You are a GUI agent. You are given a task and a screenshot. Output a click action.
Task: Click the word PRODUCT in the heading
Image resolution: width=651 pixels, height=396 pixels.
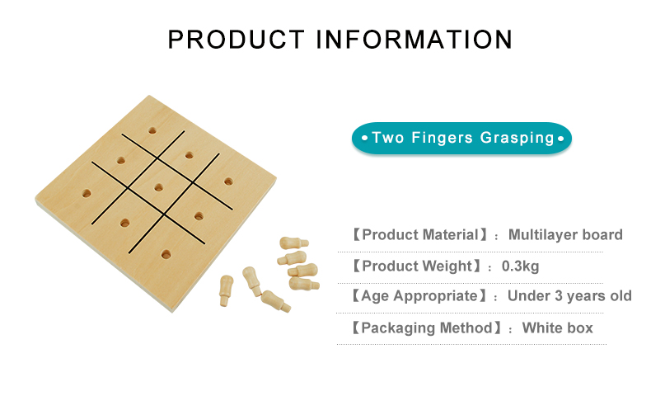tap(237, 40)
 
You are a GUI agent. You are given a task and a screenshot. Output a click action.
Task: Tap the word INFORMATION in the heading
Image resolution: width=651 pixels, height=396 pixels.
tap(414, 40)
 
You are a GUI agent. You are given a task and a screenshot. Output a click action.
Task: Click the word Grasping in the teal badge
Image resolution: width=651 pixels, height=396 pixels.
tap(517, 138)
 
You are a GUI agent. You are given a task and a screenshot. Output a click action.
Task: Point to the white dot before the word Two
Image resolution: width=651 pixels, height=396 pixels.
tap(364, 138)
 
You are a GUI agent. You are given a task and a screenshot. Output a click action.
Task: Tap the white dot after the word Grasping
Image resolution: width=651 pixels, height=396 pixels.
tap(560, 138)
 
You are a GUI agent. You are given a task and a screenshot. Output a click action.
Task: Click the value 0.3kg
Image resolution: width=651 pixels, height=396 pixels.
tap(520, 266)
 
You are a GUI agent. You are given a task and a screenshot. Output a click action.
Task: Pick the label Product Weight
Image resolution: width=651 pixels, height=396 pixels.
tap(416, 266)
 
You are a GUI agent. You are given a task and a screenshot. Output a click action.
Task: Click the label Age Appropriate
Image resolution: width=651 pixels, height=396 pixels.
tap(419, 296)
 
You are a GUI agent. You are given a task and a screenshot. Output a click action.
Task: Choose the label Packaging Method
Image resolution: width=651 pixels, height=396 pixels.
tap(426, 328)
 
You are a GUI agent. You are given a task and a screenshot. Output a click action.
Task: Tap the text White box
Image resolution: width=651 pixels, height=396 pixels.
tap(558, 328)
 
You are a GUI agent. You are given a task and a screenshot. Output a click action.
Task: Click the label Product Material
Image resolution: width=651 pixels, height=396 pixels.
tap(420, 235)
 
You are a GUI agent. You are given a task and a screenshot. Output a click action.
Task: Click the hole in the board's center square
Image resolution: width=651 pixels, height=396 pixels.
tap(158, 187)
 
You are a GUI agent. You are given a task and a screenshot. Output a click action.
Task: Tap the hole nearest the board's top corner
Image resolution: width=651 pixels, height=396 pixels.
tap(152, 130)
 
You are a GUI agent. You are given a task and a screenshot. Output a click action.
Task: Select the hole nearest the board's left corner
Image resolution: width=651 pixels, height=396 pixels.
tap(87, 193)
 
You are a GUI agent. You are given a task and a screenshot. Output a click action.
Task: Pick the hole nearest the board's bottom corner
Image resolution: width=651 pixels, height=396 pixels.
tap(166, 254)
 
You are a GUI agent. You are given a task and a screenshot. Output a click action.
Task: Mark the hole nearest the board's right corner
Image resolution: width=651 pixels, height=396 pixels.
tap(228, 181)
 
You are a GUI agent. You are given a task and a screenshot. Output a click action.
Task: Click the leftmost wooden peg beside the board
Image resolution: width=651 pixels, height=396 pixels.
tap(227, 290)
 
